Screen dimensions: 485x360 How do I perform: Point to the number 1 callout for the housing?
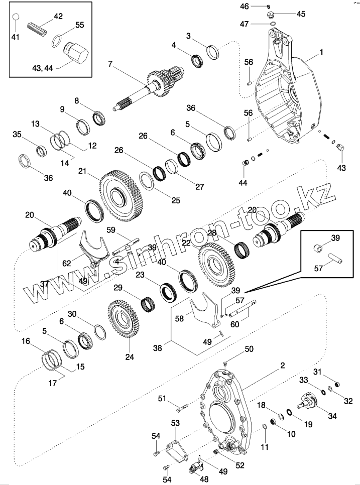pos(322,52)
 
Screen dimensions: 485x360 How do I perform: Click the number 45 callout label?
pos(301,14)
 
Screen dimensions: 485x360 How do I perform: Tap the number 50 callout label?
pos(249,348)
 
